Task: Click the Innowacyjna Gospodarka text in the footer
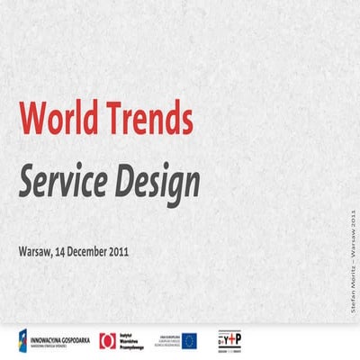pyautogui.click(x=61, y=339)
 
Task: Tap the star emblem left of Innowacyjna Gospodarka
pyautogui.click(x=23, y=339)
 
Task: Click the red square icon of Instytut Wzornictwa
pyautogui.click(x=108, y=339)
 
